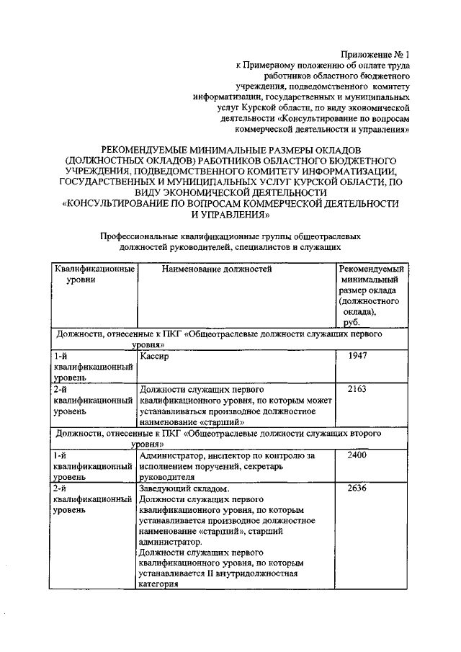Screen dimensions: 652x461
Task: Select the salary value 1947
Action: click(x=358, y=356)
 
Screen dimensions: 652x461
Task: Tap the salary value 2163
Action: click(x=358, y=389)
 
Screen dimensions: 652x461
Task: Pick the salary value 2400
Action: click(x=358, y=455)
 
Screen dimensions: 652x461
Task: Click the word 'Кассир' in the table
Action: click(x=155, y=356)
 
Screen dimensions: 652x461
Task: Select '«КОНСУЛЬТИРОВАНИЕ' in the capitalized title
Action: click(x=123, y=204)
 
